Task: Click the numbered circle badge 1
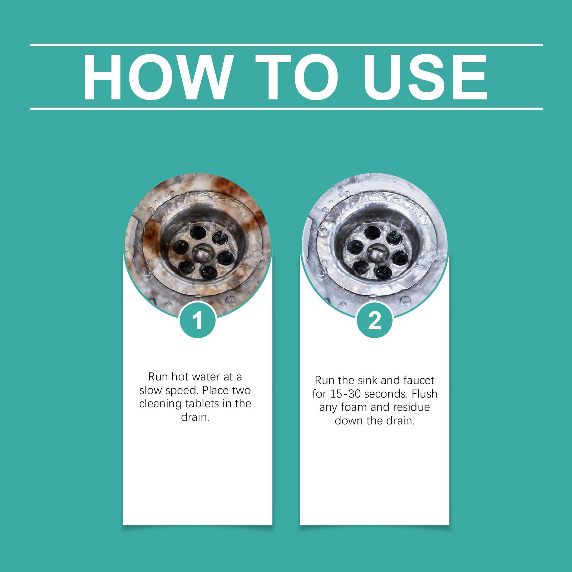click(198, 320)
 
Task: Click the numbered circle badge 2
click(375, 320)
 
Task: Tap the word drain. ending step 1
click(195, 417)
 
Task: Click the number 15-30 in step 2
click(346, 394)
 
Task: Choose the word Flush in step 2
click(424, 394)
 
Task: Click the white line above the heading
click(286, 45)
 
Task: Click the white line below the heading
click(286, 108)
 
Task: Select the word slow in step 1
click(151, 390)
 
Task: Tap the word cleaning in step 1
click(161, 404)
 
